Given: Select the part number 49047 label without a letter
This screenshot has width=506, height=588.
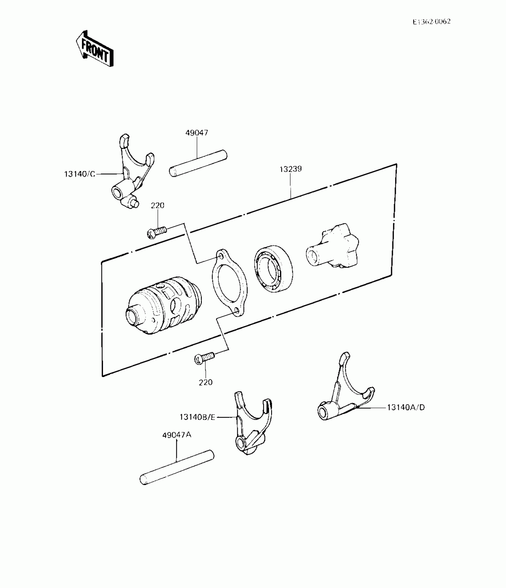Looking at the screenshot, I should (x=197, y=133).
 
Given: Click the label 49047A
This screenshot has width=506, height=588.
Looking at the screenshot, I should (x=177, y=435).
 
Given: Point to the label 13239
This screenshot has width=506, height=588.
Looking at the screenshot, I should (x=291, y=169).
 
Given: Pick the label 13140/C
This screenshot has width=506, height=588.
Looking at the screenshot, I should (x=80, y=174).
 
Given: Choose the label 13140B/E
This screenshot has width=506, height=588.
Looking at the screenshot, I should (x=197, y=417).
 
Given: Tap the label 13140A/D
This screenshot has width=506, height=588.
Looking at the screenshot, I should (x=406, y=407).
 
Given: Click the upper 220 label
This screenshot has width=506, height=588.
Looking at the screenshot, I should (x=157, y=205).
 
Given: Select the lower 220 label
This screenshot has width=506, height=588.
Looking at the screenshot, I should (x=206, y=382).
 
